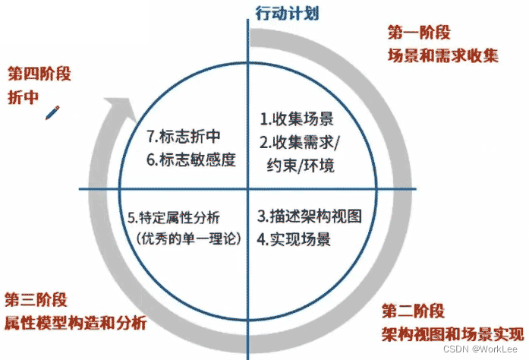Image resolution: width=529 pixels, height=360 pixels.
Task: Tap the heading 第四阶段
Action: tap(39, 74)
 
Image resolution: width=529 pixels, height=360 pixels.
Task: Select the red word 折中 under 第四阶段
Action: tap(23, 97)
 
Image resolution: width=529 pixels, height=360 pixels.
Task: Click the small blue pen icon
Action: tap(53, 112)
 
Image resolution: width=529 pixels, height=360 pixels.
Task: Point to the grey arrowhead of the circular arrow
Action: tap(114, 108)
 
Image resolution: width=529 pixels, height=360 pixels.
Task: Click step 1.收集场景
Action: tap(296, 118)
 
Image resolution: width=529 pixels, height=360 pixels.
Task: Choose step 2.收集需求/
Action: tap(301, 141)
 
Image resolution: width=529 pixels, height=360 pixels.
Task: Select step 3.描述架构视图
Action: tap(308, 216)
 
